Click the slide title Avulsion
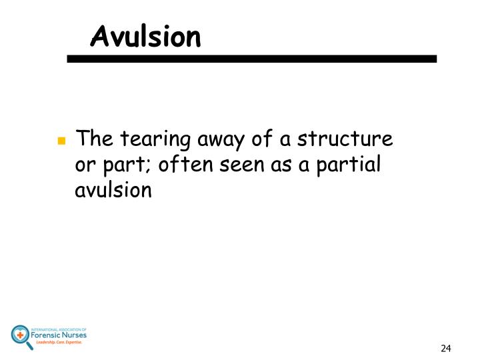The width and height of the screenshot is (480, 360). click(145, 37)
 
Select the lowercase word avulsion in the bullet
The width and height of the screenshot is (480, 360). click(115, 191)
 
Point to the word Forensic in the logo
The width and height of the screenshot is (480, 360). click(49, 335)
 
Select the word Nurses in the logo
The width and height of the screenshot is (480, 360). click(76, 335)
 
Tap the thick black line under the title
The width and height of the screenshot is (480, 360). click(251, 59)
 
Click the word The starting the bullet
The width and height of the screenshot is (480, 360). click(91, 141)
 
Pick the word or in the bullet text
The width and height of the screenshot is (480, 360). click(84, 166)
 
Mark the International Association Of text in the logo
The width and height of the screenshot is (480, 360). click(63, 327)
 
